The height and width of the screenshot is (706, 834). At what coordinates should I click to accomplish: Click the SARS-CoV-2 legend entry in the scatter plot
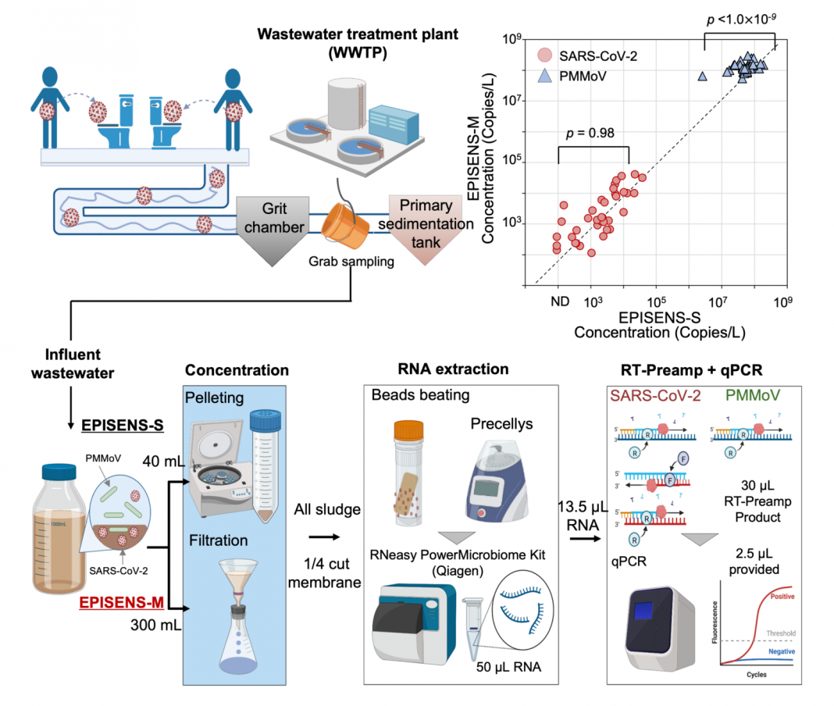[581, 56]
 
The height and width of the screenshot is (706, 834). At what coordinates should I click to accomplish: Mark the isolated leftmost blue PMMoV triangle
[702, 76]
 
